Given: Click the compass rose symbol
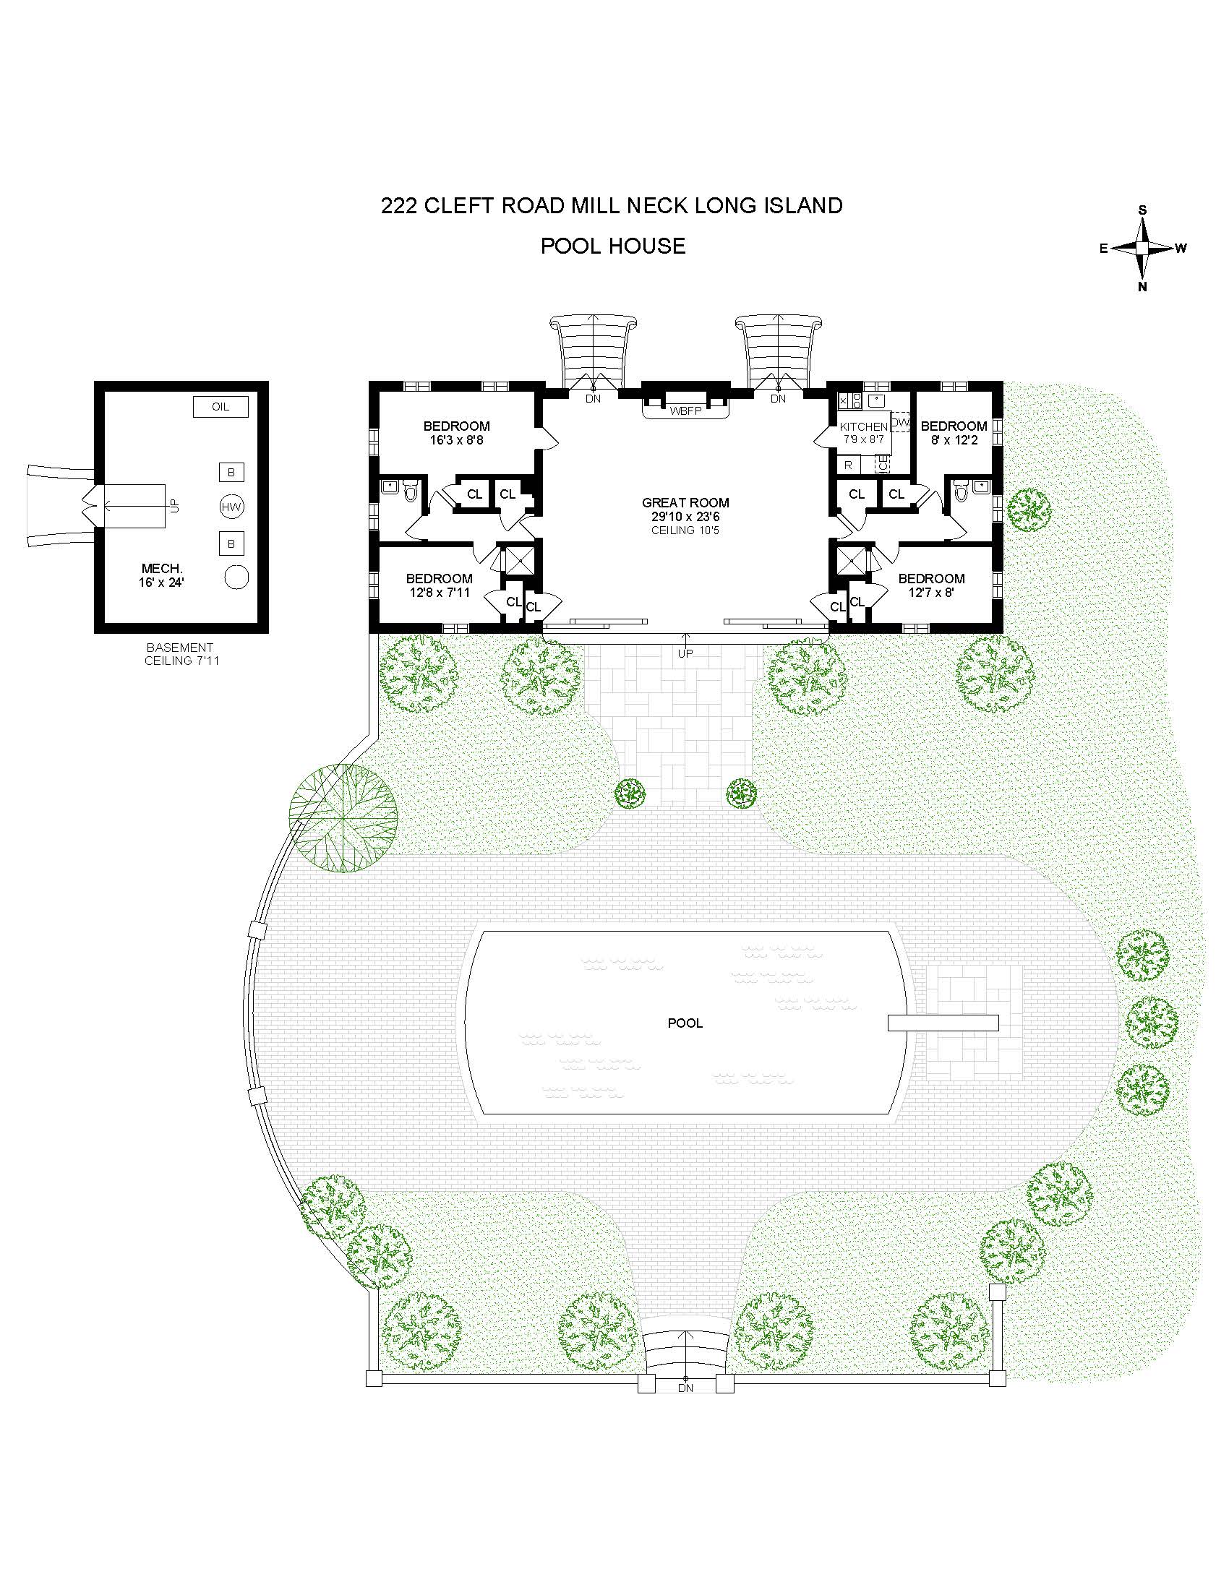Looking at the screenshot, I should [x=1142, y=248].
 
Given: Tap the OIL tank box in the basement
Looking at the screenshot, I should [x=220, y=407].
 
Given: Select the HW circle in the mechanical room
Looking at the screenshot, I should [x=231, y=507].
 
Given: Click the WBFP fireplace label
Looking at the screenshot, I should [x=685, y=411].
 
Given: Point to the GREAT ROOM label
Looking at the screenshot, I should [x=685, y=502].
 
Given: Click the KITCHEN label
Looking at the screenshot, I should [x=863, y=426].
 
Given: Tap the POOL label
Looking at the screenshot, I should [x=685, y=1023].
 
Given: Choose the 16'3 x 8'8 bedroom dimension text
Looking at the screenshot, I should [x=456, y=439].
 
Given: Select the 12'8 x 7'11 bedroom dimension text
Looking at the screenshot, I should [x=439, y=592].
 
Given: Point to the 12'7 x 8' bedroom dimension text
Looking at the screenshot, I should [x=931, y=592].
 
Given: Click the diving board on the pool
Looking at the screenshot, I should [x=943, y=1023].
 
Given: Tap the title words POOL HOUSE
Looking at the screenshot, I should [x=612, y=246].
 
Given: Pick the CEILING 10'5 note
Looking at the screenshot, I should [x=685, y=530].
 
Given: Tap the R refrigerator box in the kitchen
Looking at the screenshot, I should [x=848, y=465].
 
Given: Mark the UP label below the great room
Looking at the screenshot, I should [x=685, y=653].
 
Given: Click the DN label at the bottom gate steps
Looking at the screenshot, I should [x=685, y=1388].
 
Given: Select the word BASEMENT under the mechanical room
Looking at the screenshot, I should [x=180, y=648].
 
